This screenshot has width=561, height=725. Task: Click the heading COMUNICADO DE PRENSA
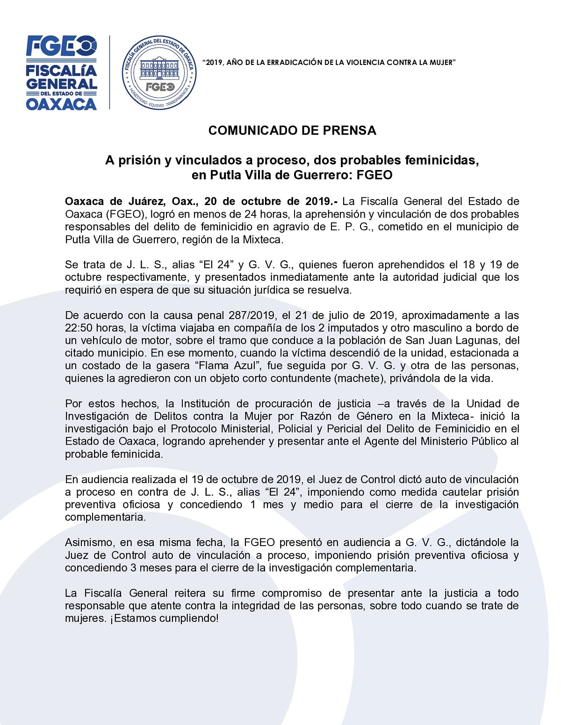point(292,130)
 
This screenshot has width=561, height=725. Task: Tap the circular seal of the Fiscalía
point(159,72)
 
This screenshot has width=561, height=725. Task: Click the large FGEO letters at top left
point(61,46)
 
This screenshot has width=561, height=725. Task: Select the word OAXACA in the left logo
point(61,104)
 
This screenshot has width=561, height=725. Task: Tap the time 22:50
point(79,328)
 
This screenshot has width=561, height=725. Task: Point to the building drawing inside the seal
point(159,68)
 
